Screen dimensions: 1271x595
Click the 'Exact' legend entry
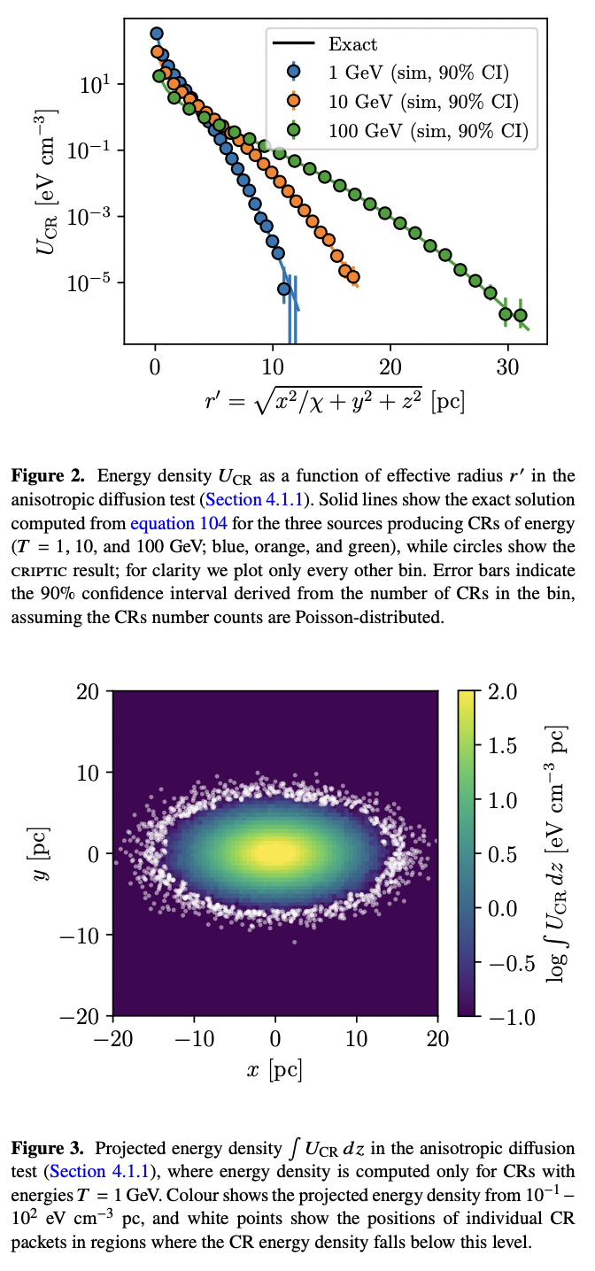click(x=352, y=44)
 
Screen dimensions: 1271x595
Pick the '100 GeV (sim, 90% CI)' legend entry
click(x=428, y=131)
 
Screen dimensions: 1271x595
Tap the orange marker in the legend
click(x=293, y=102)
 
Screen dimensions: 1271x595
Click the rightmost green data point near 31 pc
click(x=521, y=315)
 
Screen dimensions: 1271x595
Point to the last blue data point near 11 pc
click(x=283, y=289)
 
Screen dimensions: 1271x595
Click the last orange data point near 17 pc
click(x=353, y=277)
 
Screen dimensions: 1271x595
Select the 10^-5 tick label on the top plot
click(x=87, y=282)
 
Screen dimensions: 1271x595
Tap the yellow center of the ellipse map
click(x=275, y=853)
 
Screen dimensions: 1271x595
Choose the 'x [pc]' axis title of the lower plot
click(x=274, y=1069)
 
